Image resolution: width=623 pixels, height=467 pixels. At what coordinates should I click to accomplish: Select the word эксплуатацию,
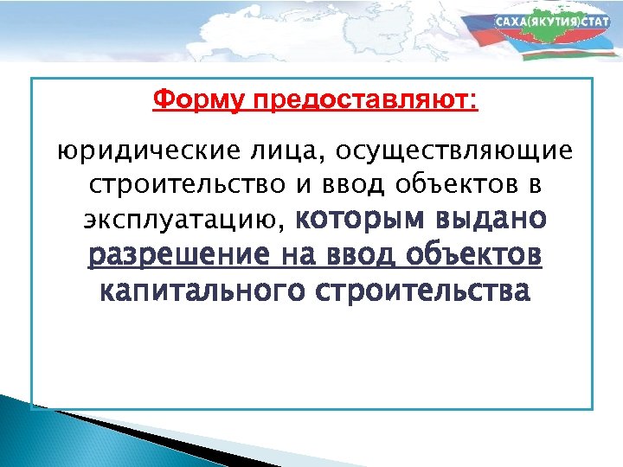[183, 221]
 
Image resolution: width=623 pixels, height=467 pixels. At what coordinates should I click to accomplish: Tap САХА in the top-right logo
[511, 21]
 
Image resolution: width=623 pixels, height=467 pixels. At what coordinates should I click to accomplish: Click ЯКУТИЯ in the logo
[553, 21]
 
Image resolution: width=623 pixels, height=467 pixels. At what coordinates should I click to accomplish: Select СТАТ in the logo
[596, 21]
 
